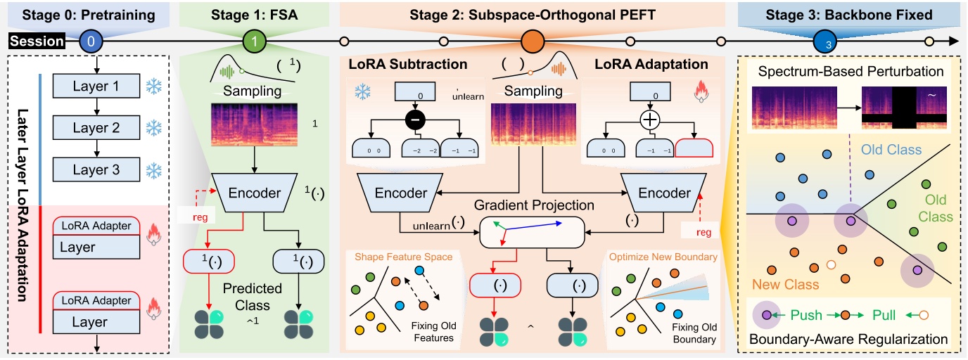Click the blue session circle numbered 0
coord(91,41)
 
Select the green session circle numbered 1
coord(254,41)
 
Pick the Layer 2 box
coord(96,128)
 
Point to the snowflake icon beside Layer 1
coord(154,86)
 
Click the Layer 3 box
coord(96,169)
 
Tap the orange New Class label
coord(787,284)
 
